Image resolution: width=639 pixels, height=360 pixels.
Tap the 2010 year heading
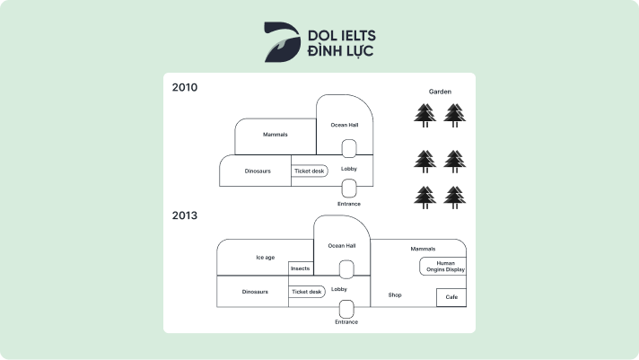185,88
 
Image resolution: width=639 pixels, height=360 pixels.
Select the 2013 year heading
185,215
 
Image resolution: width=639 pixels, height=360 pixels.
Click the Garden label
440,92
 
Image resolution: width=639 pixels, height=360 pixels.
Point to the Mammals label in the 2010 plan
275,135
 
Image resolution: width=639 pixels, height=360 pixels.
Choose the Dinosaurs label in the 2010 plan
258,171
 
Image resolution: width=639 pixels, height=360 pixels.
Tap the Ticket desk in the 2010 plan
310,171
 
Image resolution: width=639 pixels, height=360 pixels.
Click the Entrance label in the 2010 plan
348,204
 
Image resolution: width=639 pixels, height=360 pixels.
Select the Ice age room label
265,258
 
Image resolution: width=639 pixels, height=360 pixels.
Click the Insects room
300,268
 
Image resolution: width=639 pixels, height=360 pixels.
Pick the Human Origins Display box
442,267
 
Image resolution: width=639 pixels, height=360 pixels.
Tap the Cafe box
451,297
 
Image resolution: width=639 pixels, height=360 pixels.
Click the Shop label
395,294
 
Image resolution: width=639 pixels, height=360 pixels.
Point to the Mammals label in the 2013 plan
423,249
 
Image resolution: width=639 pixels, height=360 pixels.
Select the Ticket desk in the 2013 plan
306,292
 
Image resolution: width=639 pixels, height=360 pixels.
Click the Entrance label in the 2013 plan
346,321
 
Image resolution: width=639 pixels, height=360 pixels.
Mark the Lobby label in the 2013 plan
339,289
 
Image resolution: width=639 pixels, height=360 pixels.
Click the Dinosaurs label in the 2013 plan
255,292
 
